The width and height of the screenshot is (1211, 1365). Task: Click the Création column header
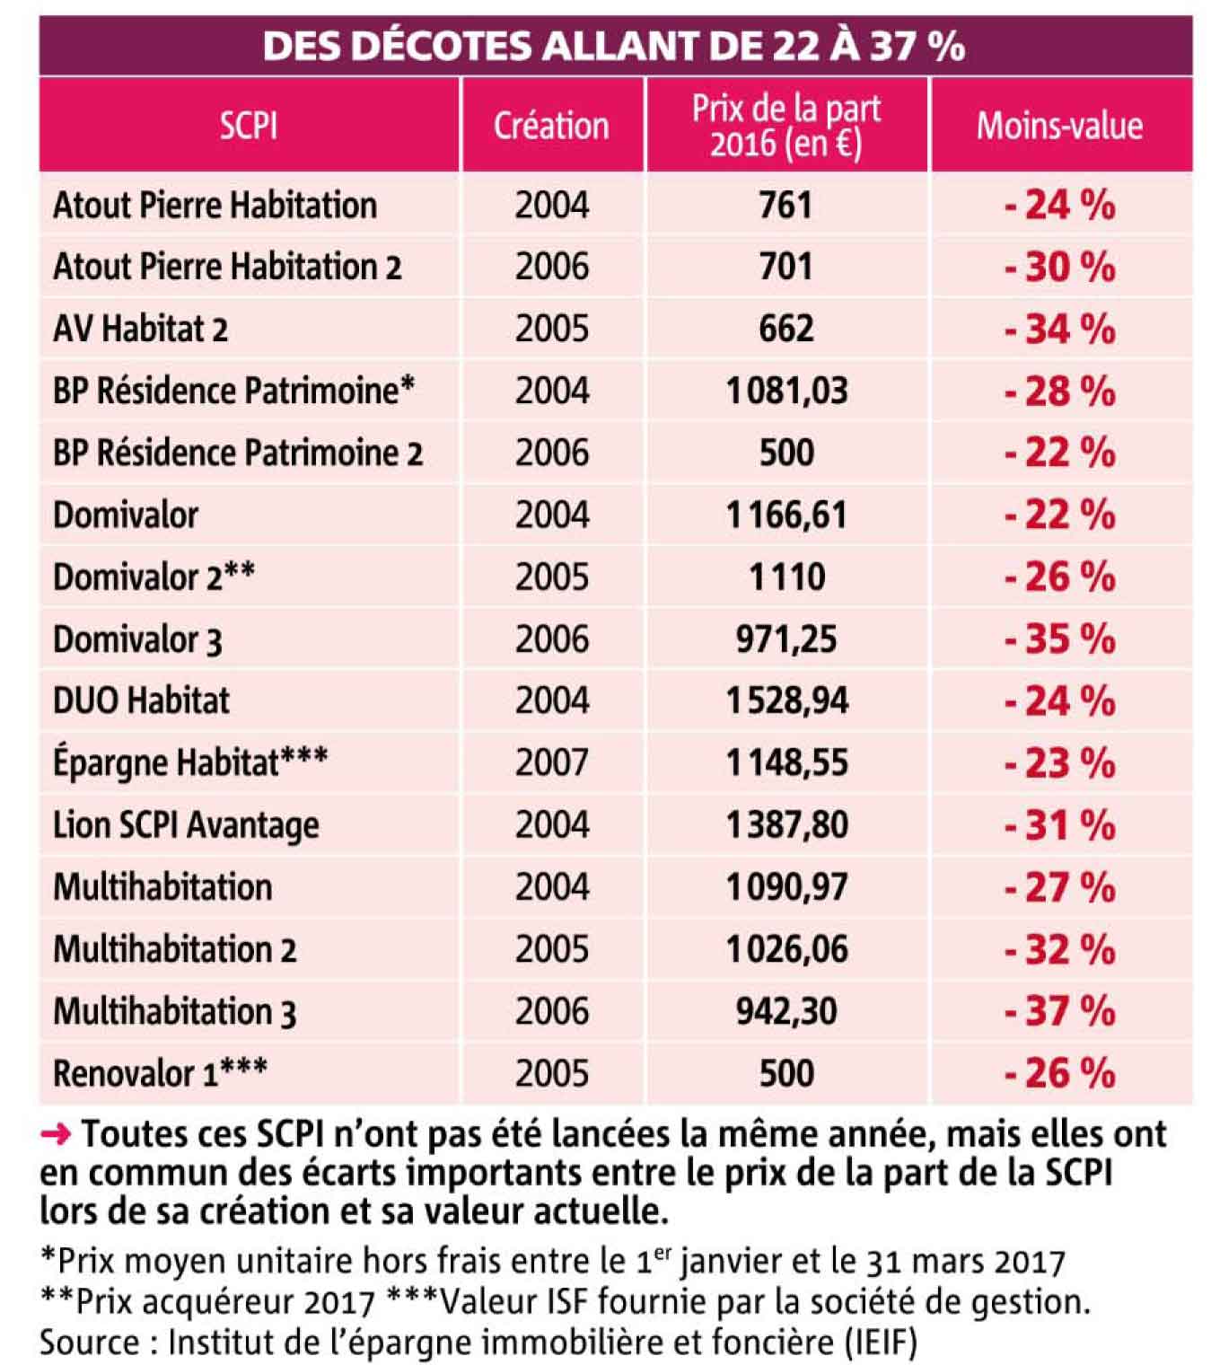point(551,126)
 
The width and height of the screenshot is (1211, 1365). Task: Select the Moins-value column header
point(1059,126)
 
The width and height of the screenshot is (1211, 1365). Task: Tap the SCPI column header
point(249,126)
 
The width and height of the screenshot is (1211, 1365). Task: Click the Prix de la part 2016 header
point(785,126)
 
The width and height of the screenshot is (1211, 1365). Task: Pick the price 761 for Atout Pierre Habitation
point(785,205)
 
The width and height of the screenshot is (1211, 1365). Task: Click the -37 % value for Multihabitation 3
point(1059,1011)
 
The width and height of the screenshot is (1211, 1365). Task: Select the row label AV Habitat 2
point(140,329)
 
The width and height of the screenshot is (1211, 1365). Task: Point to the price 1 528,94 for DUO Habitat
point(786,700)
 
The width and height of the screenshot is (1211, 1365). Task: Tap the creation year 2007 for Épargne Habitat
point(551,762)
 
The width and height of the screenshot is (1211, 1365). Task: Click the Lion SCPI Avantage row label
point(186,825)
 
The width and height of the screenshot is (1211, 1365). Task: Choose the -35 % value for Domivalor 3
point(1059,639)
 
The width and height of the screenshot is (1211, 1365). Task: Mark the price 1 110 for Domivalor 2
point(786,577)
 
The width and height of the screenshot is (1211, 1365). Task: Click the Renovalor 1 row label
point(160,1073)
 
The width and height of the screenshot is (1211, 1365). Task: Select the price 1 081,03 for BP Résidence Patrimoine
point(786,391)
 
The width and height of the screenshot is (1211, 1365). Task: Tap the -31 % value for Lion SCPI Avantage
point(1059,825)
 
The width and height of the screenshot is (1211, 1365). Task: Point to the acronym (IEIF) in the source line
point(881,1342)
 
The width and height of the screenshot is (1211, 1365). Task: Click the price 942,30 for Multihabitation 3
point(786,1011)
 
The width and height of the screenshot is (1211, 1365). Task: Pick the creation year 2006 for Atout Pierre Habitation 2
point(551,267)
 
